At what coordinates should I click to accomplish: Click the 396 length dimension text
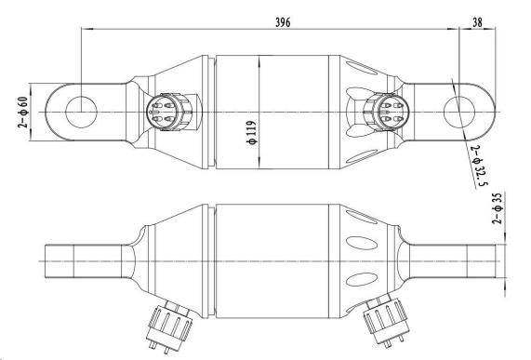tap(280, 21)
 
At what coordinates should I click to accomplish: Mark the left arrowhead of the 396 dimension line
tap(86, 29)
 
